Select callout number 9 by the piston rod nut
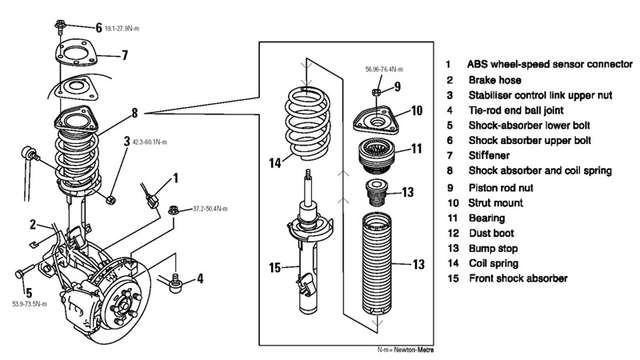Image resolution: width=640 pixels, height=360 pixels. click(396, 88)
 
